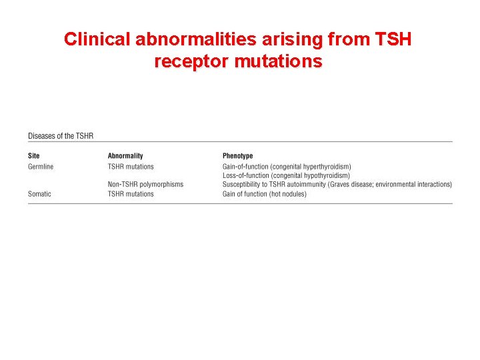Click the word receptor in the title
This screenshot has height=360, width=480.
point(194,62)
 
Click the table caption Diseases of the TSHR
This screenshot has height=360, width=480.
point(61,136)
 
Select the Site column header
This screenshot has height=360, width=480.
point(34,156)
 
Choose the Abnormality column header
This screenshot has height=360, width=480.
point(125,156)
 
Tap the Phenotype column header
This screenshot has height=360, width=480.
point(238,156)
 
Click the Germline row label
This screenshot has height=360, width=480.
point(41,167)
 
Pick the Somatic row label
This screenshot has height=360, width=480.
point(39,194)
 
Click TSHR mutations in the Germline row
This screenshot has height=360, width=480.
point(131,167)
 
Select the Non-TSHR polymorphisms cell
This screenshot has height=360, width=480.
point(145,185)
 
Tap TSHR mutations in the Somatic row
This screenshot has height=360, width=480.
point(131,194)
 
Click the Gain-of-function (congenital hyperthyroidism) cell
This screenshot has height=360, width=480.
point(287,167)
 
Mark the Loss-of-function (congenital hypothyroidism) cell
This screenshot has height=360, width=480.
point(286,175)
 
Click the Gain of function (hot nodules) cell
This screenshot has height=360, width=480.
point(265,194)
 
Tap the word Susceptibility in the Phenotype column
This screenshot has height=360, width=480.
point(241,185)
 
